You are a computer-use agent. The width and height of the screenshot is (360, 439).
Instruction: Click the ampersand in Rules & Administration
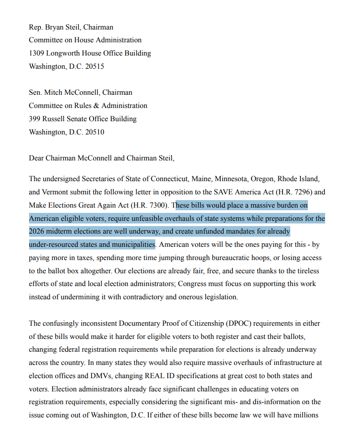point(95,106)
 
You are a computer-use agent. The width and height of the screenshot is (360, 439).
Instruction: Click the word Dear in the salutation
point(37,158)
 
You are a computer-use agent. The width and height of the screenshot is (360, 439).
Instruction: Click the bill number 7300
point(157,205)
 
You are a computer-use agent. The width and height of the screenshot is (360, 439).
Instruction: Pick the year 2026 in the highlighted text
point(37,231)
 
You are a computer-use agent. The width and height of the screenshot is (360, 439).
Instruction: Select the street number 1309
point(37,53)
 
